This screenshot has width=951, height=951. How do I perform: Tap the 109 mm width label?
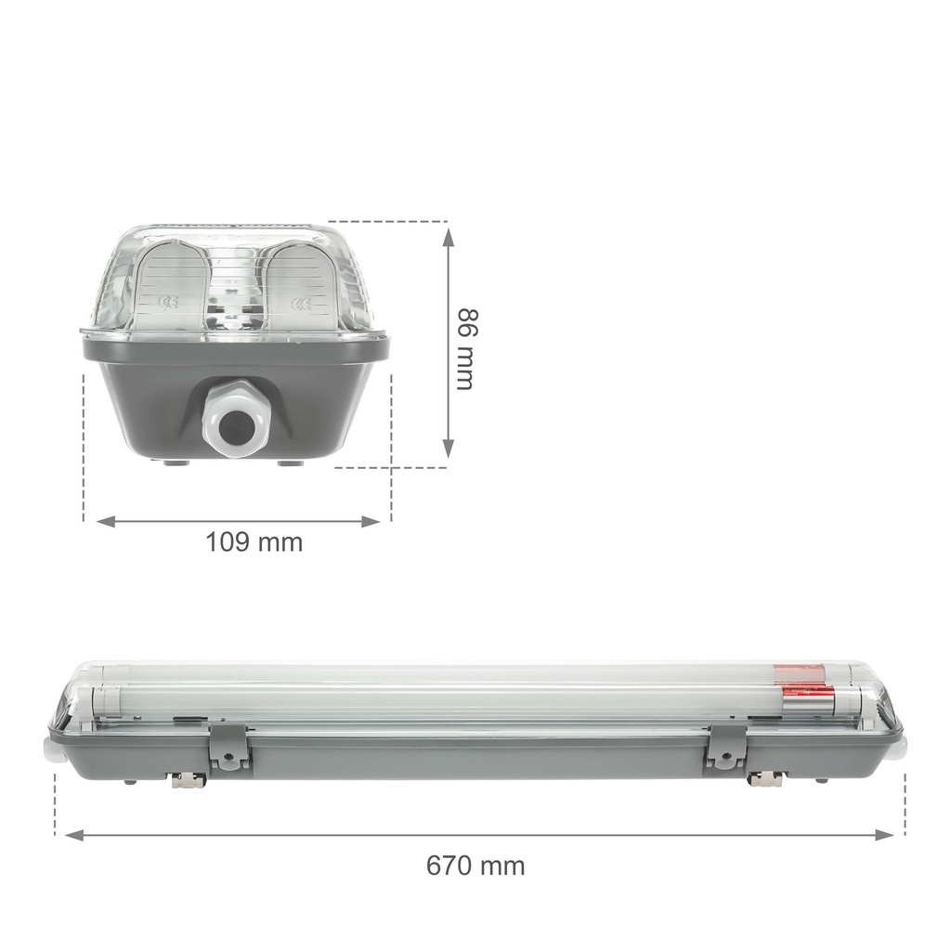click(x=254, y=542)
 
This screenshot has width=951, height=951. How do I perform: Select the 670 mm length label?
click(x=475, y=866)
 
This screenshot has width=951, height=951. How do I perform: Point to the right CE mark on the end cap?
click(x=300, y=304)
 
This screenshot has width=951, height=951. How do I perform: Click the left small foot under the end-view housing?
click(x=173, y=462)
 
